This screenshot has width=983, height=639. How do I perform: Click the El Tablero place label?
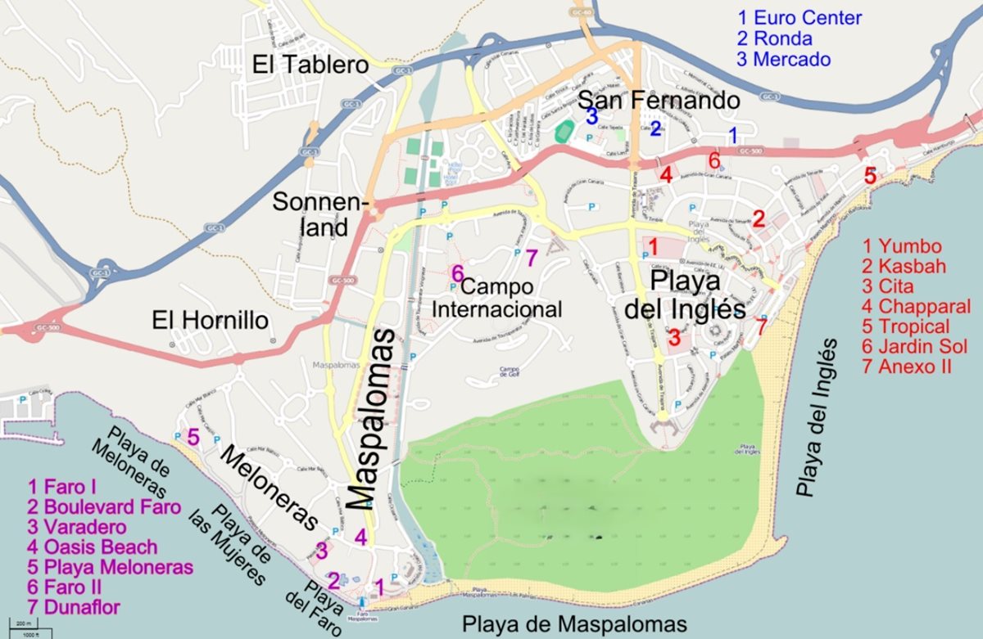(310, 65)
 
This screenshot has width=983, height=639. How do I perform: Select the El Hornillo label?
(211, 321)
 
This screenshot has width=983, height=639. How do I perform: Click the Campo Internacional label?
(497, 299)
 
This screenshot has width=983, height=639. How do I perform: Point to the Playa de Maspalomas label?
(573, 623)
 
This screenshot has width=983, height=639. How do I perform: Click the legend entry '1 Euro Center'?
(800, 18)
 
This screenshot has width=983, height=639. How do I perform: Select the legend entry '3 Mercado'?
(784, 60)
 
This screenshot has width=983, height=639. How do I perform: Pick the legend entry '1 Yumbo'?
(902, 246)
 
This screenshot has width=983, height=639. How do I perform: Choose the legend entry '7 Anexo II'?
(907, 367)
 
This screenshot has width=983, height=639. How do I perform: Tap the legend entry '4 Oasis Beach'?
(92, 547)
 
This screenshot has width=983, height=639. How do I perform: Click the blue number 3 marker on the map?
(591, 115)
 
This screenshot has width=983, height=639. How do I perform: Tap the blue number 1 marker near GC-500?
(734, 134)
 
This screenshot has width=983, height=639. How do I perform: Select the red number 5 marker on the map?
(870, 175)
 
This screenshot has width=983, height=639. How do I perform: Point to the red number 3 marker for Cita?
(674, 336)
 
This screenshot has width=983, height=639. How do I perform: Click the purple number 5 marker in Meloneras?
(193, 437)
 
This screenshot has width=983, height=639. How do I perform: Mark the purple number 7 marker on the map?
(531, 258)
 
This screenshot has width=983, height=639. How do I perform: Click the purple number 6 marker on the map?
(457, 273)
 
